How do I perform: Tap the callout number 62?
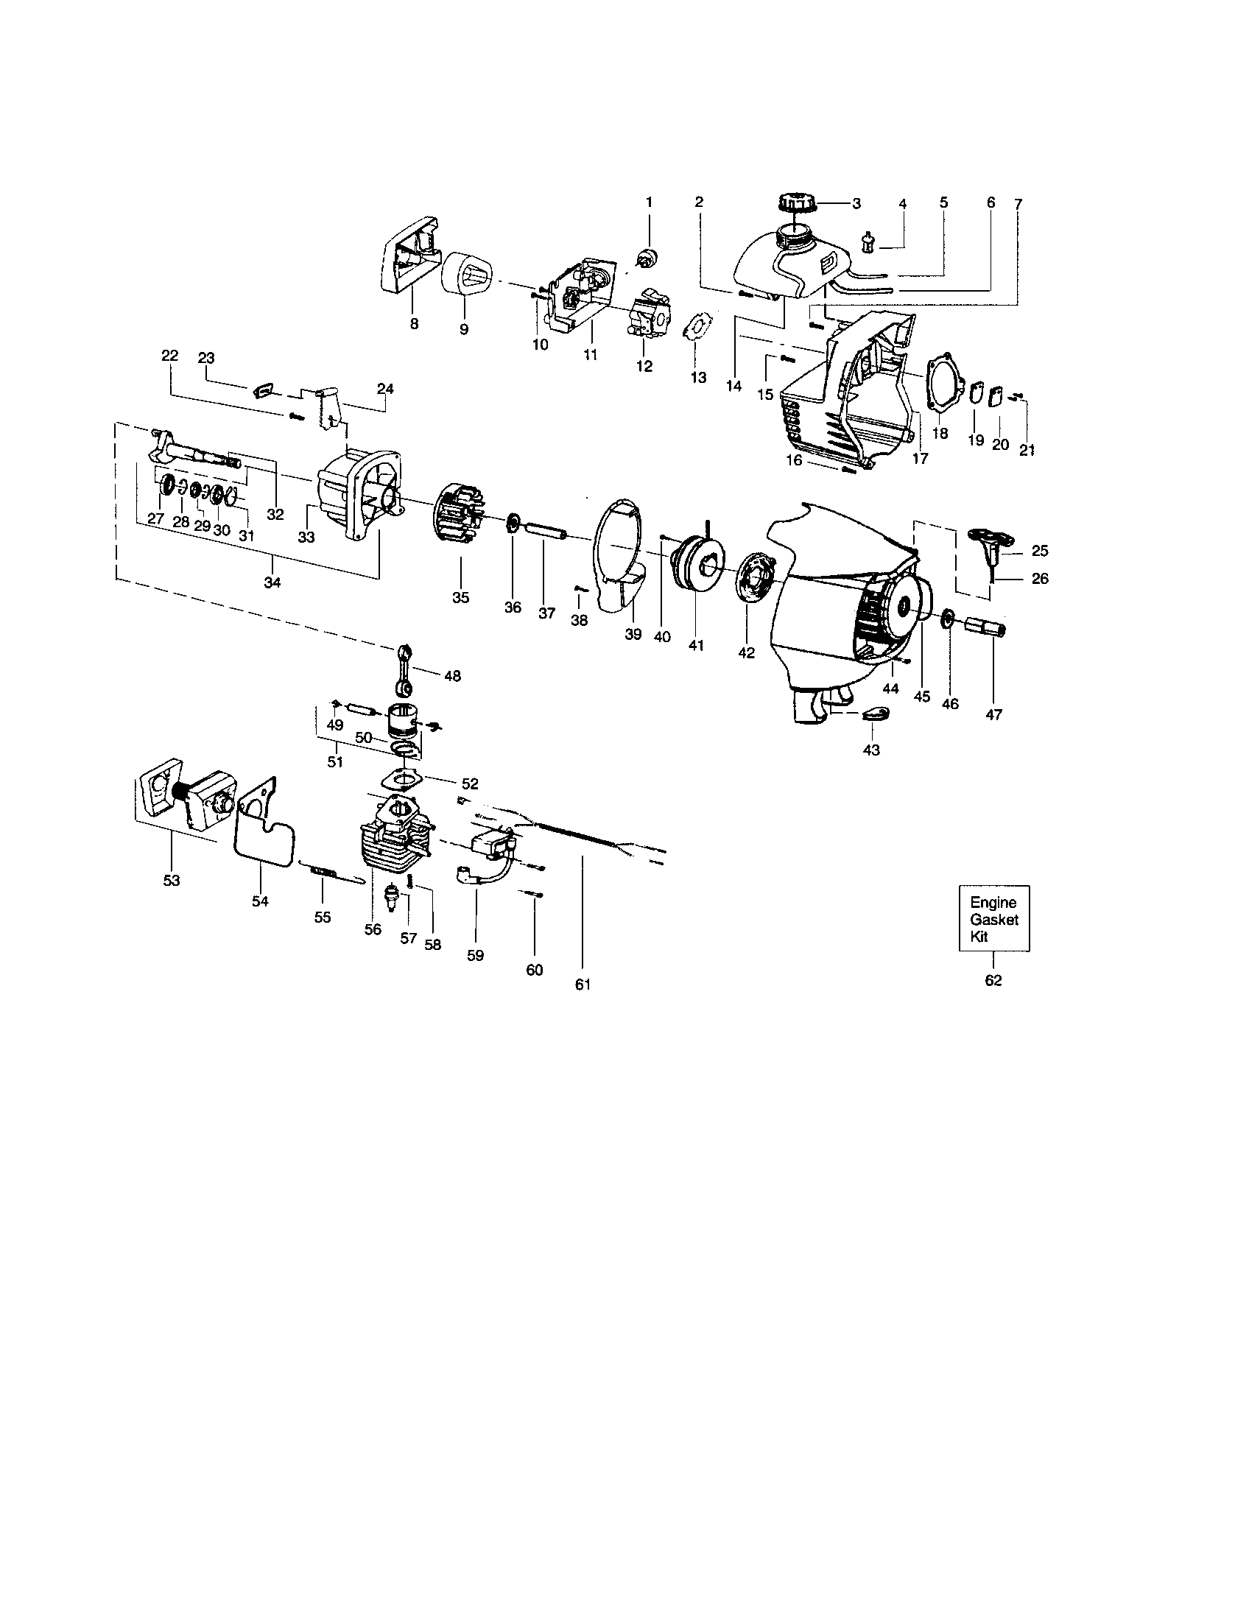coord(993,980)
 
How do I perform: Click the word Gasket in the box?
coord(994,919)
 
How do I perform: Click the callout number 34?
coord(272,582)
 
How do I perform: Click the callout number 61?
coord(583,985)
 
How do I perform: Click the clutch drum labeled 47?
coord(985,627)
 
